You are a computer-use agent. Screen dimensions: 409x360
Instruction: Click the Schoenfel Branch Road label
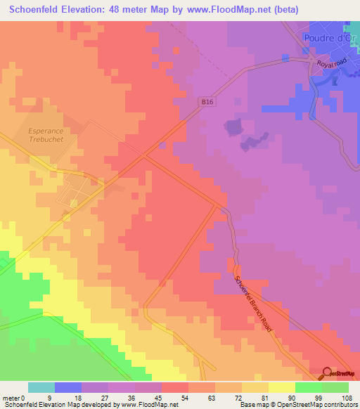pos(252,302)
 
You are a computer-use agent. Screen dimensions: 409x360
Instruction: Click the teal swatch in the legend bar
pos(41,387)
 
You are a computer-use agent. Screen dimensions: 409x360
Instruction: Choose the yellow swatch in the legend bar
pos(282,387)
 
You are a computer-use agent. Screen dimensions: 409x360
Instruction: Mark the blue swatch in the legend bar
pos(68,387)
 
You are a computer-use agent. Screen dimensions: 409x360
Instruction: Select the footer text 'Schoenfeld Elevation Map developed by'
pos(53,405)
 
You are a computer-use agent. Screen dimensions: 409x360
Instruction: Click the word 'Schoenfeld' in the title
pos(32,10)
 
